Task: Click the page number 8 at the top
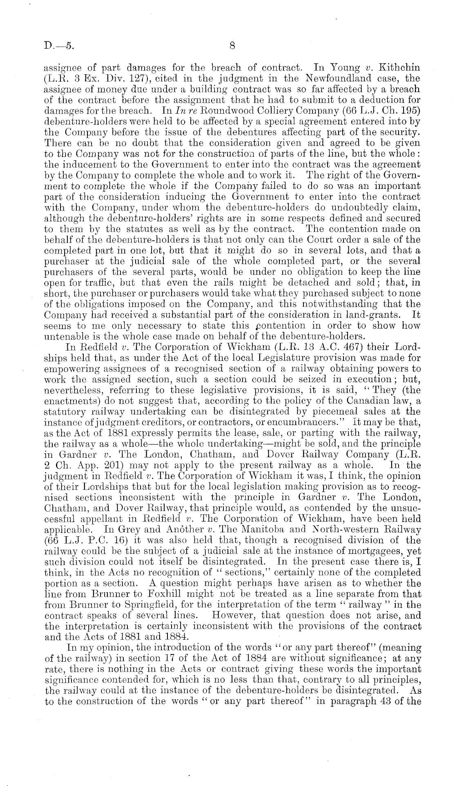coord(232,46)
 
